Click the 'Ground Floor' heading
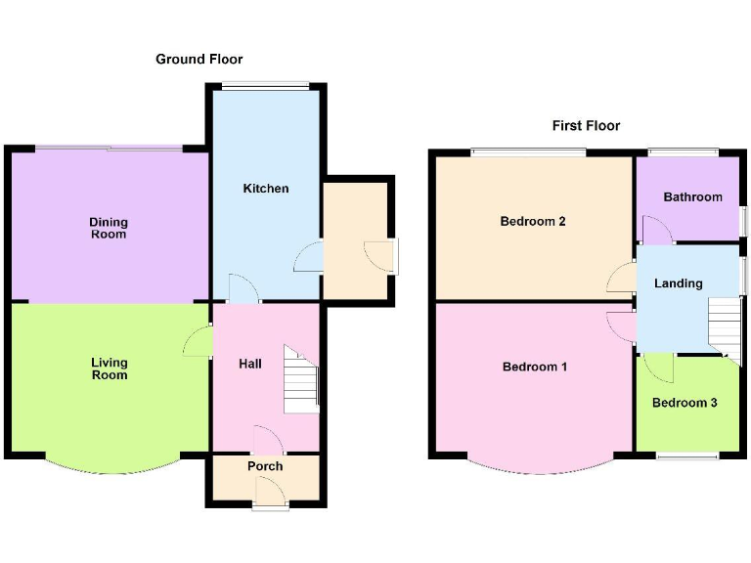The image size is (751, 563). tap(199, 60)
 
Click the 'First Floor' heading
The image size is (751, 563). tap(586, 125)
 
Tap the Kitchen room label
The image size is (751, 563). tap(266, 188)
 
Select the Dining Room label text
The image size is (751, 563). tap(109, 228)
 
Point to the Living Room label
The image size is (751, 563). tap(109, 368)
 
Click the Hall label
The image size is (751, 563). tap(250, 364)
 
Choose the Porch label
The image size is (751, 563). tap(265, 466)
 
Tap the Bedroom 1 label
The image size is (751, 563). tap(534, 367)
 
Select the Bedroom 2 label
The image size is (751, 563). tap(533, 221)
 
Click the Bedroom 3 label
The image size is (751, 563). tap(685, 402)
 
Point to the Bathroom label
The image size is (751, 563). tap(692, 196)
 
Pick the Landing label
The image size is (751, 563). tap(678, 283)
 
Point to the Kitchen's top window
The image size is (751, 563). tap(264, 86)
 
